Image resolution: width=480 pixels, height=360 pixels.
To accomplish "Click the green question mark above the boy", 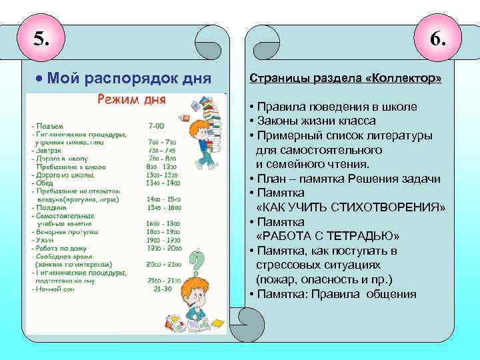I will coord(197,259).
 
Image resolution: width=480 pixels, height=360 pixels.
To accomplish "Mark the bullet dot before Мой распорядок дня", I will coord(39,79).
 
